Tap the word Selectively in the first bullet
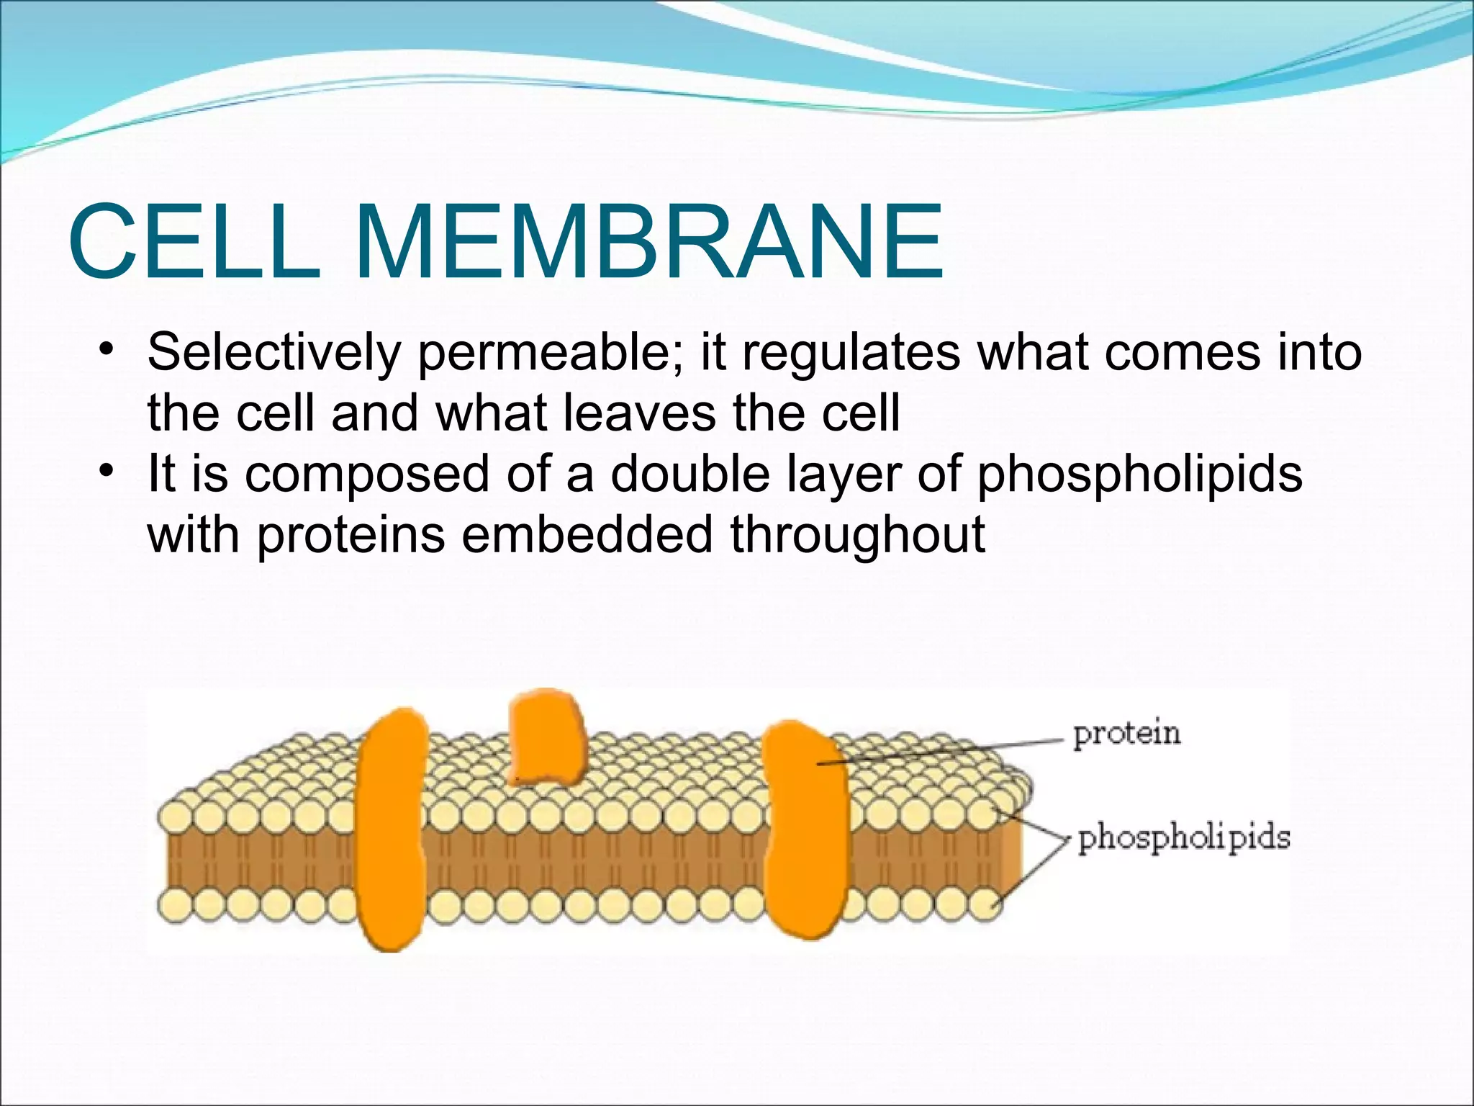tap(274, 353)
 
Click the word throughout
tap(857, 536)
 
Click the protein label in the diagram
tap(1126, 734)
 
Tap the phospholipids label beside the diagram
tap(1183, 838)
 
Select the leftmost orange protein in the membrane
tap(391, 828)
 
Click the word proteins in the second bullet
tap(351, 536)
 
